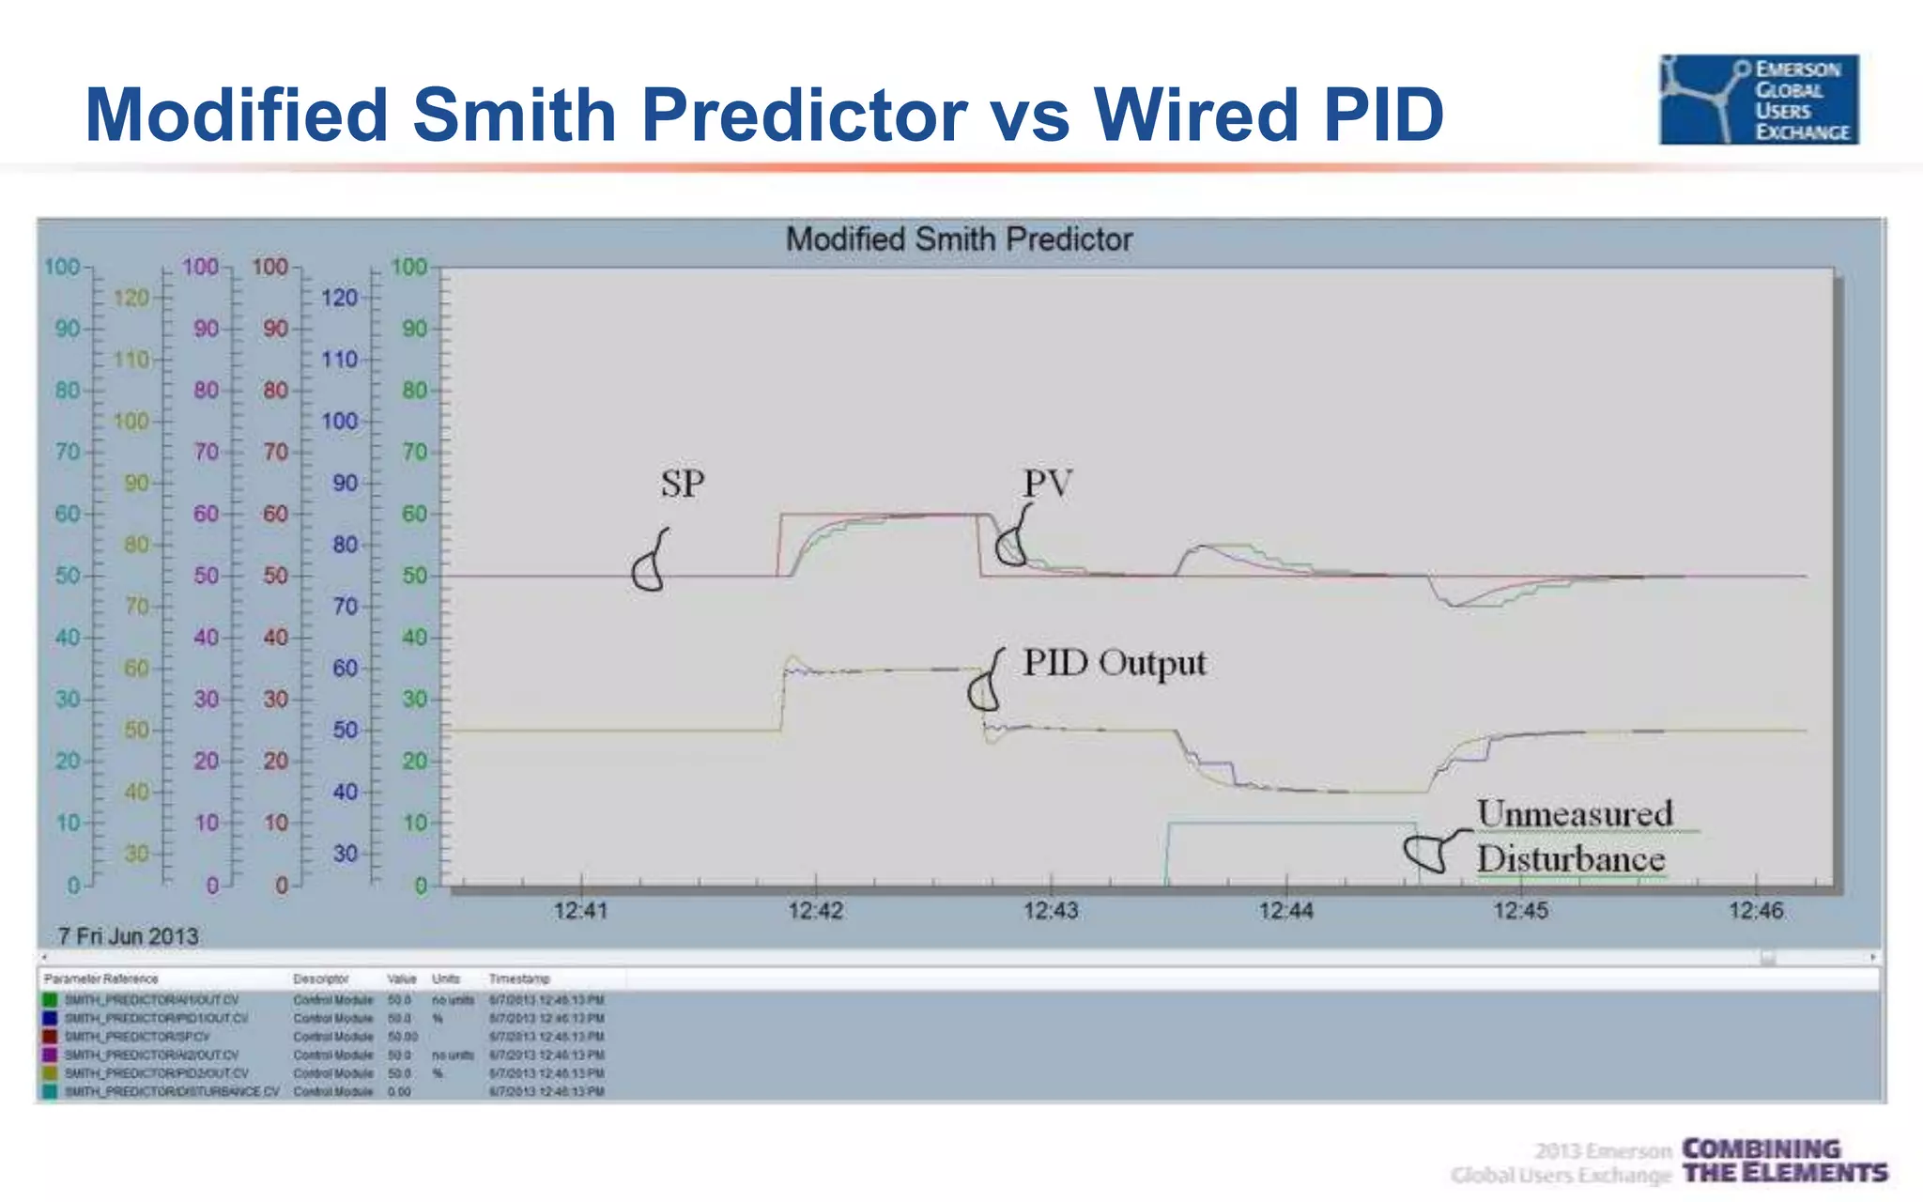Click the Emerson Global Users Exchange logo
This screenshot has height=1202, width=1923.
coord(1759,100)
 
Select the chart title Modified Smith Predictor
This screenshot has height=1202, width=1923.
coord(959,239)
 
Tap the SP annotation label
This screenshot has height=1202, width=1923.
coord(682,485)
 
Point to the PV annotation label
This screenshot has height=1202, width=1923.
coord(1047,485)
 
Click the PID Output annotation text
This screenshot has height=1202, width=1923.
coord(1115,663)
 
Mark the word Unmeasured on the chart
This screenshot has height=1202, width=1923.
coord(1575,814)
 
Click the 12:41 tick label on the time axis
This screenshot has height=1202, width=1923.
coord(580,910)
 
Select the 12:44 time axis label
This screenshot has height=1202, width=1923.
coord(1285,910)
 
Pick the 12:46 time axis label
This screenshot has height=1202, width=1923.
coord(1755,910)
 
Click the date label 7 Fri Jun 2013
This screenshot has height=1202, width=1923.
coord(128,936)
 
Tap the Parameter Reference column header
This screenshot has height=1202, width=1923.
coord(100,979)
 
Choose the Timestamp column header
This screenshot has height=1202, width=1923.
coord(518,979)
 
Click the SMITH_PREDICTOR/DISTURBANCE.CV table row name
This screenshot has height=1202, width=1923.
coord(172,1091)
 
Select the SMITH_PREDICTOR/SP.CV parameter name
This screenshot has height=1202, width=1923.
coord(137,1037)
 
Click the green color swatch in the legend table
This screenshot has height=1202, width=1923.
coord(50,1000)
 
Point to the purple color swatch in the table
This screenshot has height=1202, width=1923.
coord(50,1055)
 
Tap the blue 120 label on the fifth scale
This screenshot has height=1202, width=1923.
coord(339,299)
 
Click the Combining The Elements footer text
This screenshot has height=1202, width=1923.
coord(1784,1162)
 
